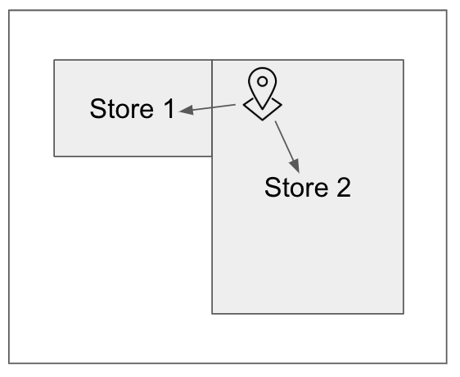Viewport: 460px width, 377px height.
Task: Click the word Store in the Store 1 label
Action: tap(122, 109)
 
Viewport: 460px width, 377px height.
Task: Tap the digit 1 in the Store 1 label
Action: tap(169, 108)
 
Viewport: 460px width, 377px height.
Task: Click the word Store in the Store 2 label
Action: tap(296, 187)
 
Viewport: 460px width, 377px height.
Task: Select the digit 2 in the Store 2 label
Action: tap(344, 187)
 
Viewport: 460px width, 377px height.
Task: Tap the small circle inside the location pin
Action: tap(262, 81)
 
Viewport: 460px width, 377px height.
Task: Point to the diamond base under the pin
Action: tap(262, 113)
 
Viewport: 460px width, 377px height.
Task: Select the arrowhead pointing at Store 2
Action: tap(295, 166)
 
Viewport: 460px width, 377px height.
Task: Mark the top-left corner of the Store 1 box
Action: tap(54, 60)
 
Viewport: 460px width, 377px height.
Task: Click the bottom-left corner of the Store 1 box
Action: tap(54, 156)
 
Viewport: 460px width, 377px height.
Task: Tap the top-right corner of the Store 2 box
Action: tap(404, 60)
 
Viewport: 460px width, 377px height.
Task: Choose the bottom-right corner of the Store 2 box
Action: tap(404, 314)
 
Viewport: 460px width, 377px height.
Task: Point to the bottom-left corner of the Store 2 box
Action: tap(212, 314)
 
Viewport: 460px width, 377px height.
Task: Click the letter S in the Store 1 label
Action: tap(97, 109)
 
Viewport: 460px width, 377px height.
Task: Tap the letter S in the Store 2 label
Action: tap(273, 187)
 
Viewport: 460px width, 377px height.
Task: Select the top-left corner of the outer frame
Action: tap(9, 11)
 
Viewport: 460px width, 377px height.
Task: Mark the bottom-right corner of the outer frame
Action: tap(447, 363)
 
